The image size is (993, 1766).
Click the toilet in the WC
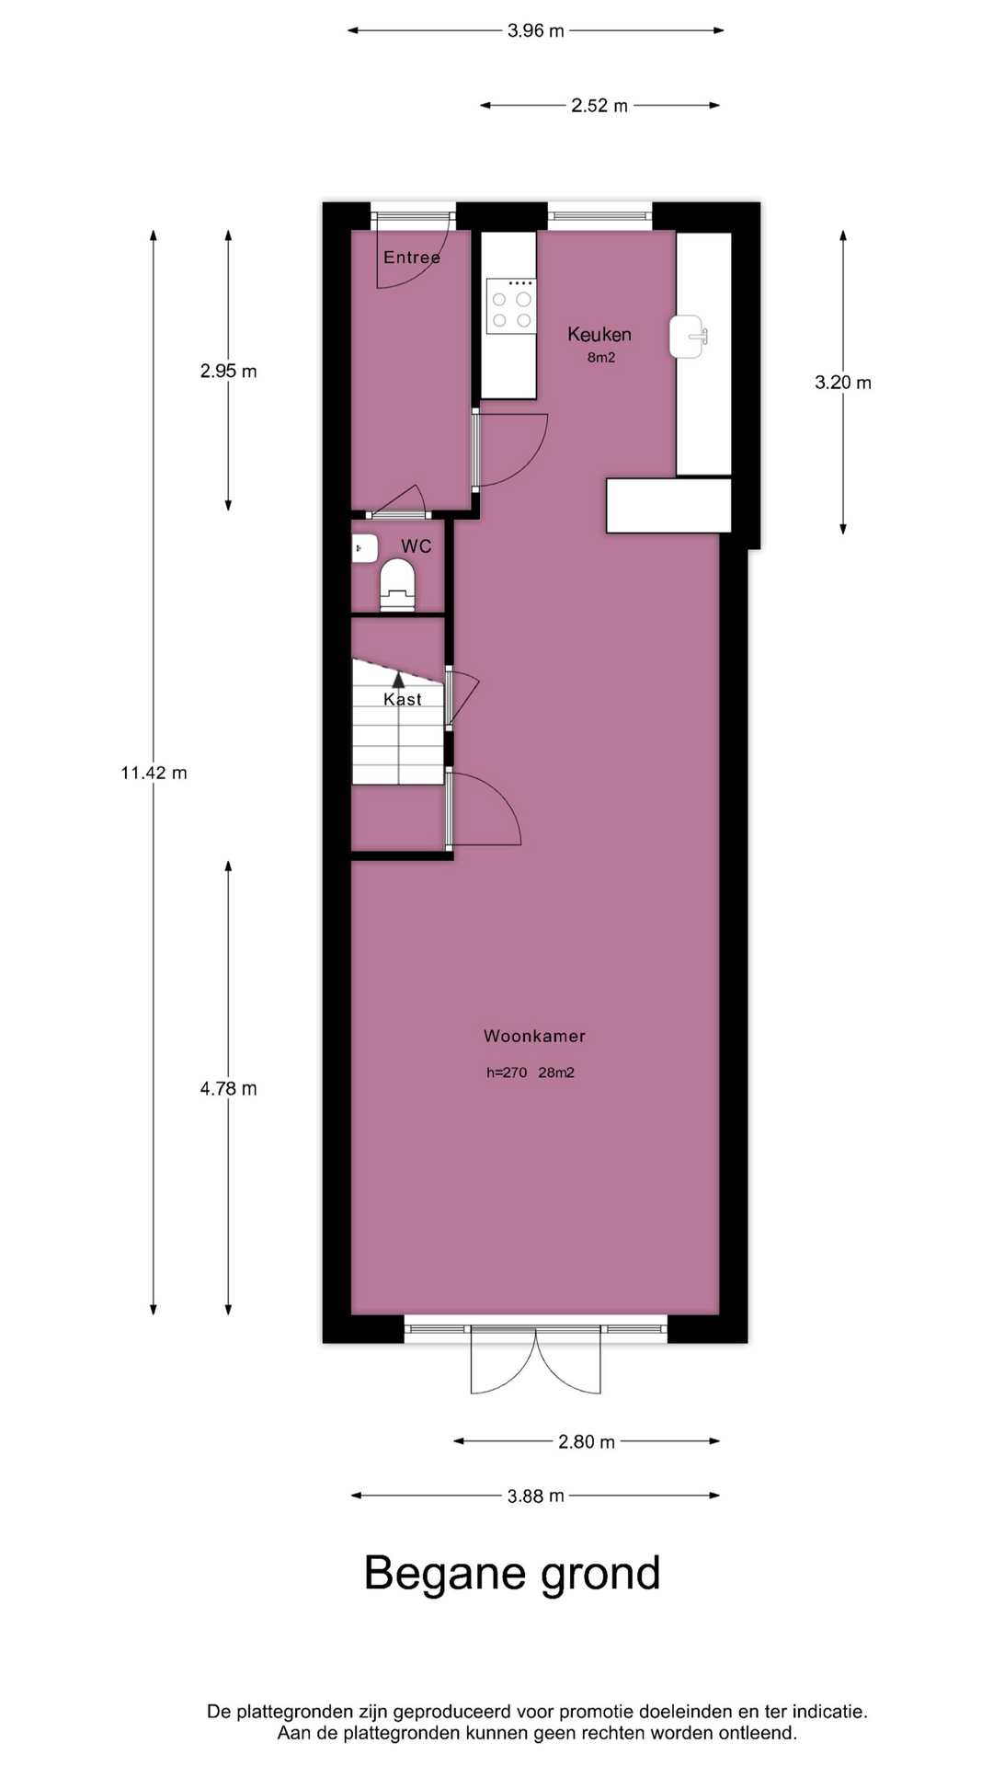(x=398, y=585)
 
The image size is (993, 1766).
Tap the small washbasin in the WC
(x=364, y=549)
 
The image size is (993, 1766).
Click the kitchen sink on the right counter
(x=691, y=337)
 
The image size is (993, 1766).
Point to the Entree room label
(x=412, y=258)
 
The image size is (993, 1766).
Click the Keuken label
(x=599, y=334)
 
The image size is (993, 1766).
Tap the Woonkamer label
(x=534, y=1036)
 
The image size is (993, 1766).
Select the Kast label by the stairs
(x=403, y=699)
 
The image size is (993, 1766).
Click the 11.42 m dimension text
(x=154, y=773)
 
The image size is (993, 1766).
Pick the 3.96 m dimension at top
(x=536, y=30)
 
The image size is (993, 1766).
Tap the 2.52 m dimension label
(x=599, y=106)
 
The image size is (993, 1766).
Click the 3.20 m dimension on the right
(x=843, y=383)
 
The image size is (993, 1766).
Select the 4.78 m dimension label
(x=229, y=1089)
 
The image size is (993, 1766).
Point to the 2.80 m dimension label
(x=587, y=1441)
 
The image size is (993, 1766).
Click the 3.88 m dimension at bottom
(x=536, y=1496)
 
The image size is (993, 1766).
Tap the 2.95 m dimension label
(x=229, y=372)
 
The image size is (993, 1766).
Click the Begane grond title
(x=512, y=1574)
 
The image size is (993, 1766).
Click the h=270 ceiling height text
(x=507, y=1072)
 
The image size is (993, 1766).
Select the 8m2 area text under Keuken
(x=601, y=358)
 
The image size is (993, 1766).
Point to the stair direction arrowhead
(x=398, y=680)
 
